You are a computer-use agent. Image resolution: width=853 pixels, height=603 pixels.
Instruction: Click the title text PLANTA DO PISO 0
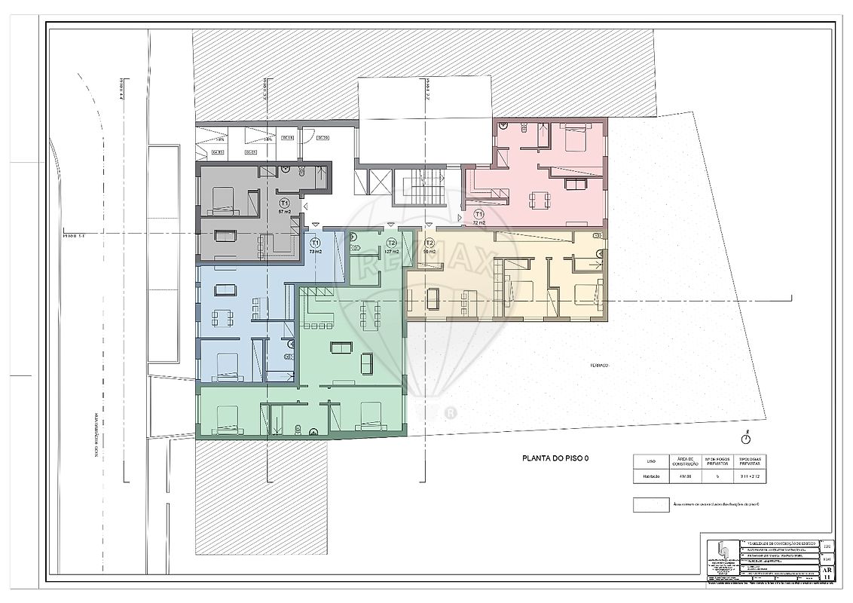(x=555, y=458)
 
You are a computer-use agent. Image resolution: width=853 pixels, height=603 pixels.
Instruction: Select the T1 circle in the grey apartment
(x=284, y=204)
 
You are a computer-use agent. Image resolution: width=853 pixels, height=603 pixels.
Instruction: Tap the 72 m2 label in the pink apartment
(x=478, y=223)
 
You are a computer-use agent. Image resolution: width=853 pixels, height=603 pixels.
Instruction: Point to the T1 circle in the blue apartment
(x=316, y=243)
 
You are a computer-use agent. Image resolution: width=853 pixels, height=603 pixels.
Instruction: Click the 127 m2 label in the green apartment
(x=390, y=251)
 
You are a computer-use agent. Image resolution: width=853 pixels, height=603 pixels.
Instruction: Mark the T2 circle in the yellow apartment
(x=429, y=243)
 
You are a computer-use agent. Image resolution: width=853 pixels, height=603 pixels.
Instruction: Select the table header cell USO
(x=650, y=461)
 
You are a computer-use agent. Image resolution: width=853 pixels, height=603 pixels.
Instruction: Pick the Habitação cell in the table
(x=650, y=476)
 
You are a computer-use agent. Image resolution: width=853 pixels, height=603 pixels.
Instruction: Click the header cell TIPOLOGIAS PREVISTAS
(x=751, y=461)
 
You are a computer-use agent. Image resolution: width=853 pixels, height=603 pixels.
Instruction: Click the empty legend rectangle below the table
(x=650, y=504)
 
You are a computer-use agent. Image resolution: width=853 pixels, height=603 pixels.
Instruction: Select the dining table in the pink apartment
(x=539, y=200)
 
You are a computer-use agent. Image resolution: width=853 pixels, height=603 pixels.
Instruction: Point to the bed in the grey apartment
(x=224, y=200)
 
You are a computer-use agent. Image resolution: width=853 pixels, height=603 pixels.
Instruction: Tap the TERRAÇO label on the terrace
(x=600, y=366)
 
